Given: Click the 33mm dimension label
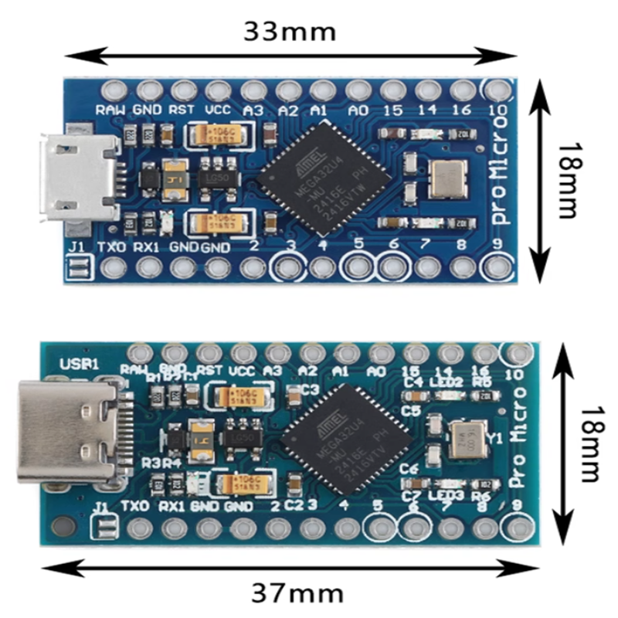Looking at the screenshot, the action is coord(290,32).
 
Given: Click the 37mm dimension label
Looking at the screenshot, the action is coord(297,593).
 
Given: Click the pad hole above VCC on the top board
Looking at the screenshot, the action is coord(217,89).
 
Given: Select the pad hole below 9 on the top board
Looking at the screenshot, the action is coord(494,267).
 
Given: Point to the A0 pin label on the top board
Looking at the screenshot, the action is coord(358,110).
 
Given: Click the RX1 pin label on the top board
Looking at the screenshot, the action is coord(146,248).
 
